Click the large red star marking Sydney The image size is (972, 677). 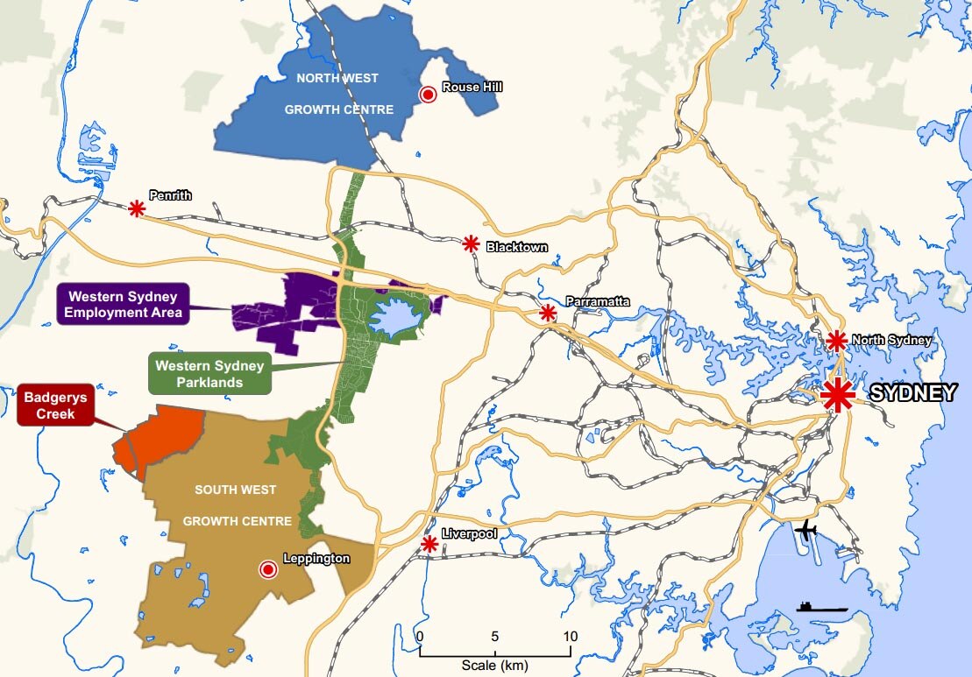point(838,396)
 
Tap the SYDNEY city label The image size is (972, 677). point(912,395)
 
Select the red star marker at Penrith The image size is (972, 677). point(137,208)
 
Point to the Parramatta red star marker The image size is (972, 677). point(548,313)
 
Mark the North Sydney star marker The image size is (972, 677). point(836,340)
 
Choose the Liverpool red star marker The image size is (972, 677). point(429,544)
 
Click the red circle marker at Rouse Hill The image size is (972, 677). point(429,95)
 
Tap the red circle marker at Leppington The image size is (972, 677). point(268,570)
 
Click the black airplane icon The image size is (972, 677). point(805,530)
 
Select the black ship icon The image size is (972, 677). point(821,606)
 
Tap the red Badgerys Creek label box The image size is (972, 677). point(50,404)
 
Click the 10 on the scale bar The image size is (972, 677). point(571,636)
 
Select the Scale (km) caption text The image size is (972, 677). point(495,666)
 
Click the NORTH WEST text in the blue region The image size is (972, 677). point(337,78)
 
